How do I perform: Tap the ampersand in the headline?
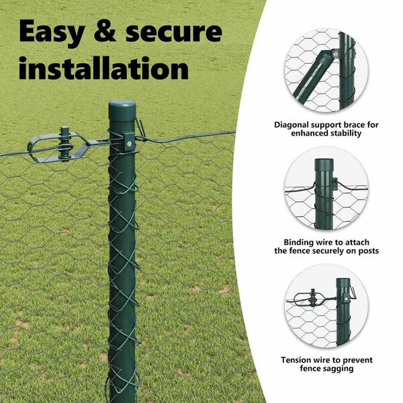[105, 31]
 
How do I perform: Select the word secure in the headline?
[174, 32]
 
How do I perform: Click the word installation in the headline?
[103, 68]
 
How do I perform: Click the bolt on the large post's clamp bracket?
[130, 144]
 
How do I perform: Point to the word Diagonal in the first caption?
[292, 125]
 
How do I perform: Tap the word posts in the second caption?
[369, 251]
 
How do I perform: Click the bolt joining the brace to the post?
[334, 54]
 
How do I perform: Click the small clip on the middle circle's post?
[335, 183]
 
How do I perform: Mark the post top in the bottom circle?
[343, 282]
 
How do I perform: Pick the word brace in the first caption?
[355, 125]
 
